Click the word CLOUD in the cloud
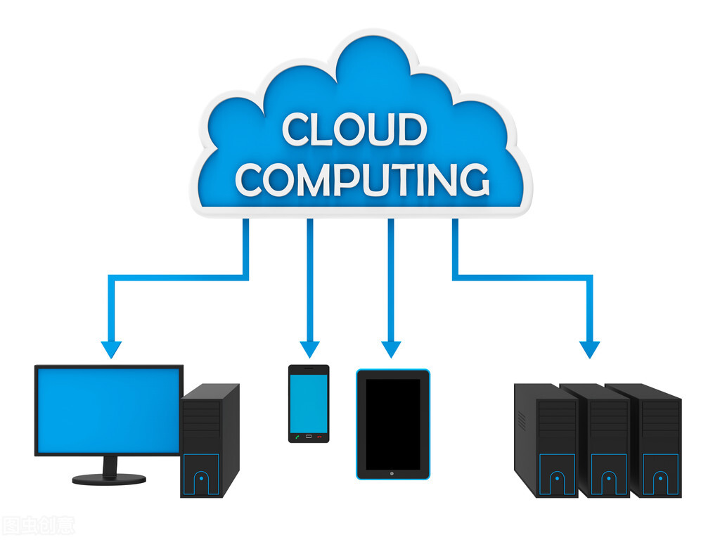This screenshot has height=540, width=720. (x=354, y=130)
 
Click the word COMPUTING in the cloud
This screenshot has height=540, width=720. (x=362, y=179)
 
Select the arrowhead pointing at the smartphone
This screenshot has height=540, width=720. (x=309, y=349)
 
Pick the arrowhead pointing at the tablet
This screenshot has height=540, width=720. (x=391, y=349)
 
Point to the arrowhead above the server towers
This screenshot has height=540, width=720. (x=590, y=349)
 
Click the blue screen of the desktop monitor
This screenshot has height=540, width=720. (x=108, y=409)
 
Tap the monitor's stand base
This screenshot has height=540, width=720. (x=109, y=478)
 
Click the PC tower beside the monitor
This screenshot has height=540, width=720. (x=210, y=439)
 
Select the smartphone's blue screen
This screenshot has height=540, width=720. (x=309, y=402)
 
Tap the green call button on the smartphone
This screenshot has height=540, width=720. (x=297, y=437)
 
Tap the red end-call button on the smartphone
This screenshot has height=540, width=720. (x=320, y=437)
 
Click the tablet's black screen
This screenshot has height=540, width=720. (x=392, y=423)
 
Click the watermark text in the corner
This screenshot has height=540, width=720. (x=38, y=525)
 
